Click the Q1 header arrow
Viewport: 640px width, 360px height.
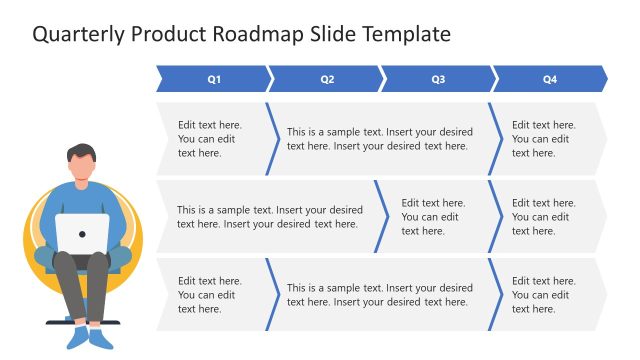tap(213, 79)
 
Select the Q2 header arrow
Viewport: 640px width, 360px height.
tap(326, 79)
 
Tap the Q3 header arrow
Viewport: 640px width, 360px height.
tap(438, 79)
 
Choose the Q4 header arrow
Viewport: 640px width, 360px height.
tap(549, 79)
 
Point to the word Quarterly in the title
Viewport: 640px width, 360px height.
tap(79, 34)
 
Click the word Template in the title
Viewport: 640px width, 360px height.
tap(404, 34)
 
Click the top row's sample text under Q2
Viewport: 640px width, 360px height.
tap(379, 139)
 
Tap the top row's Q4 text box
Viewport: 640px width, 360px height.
tap(546, 139)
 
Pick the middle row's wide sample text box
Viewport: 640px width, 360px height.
tap(269, 217)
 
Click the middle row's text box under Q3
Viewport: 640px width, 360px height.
tap(432, 217)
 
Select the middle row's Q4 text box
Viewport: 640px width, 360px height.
tap(546, 217)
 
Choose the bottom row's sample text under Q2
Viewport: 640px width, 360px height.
tap(379, 295)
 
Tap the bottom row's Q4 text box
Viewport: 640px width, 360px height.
tap(546, 295)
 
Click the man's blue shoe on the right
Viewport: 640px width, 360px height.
tap(101, 338)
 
